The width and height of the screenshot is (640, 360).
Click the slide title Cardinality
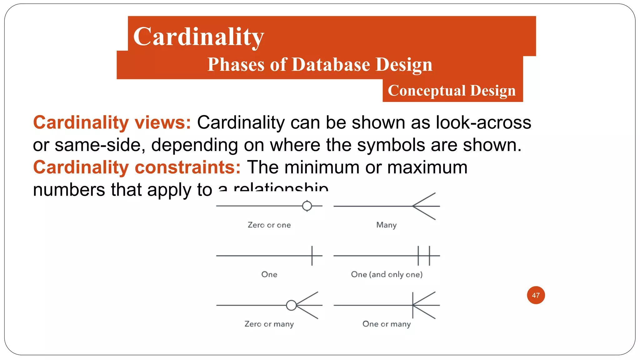point(198,37)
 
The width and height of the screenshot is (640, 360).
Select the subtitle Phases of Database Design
point(320,65)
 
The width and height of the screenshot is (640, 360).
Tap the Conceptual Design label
point(452,91)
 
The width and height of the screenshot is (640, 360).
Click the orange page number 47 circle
point(536,295)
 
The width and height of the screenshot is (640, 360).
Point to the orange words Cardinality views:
point(112,122)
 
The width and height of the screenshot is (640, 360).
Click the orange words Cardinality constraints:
point(137,167)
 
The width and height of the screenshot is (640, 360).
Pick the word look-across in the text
point(483,122)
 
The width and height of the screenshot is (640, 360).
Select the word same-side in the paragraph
point(100,145)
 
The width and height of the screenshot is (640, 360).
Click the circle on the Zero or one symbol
point(307,206)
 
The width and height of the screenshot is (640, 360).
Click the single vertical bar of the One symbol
point(312,256)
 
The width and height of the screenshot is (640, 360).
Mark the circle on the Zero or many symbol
point(291,305)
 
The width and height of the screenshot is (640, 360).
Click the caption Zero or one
point(269,225)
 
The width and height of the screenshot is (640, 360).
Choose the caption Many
point(386,225)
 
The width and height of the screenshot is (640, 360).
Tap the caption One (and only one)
point(387,274)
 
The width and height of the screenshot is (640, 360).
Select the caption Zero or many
point(269,324)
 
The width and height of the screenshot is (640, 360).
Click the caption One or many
point(387,324)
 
